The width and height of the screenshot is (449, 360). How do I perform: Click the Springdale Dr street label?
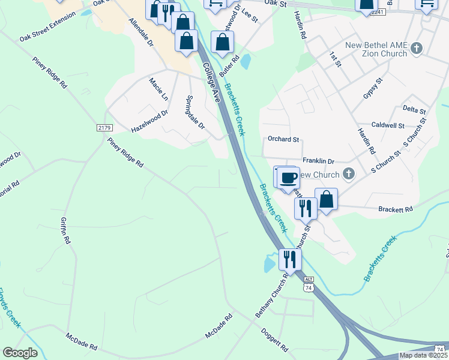[196, 112]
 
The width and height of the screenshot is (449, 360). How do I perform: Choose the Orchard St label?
[283, 139]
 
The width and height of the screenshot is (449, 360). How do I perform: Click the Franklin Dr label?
[318, 161]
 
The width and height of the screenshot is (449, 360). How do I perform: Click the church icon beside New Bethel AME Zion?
[419, 49]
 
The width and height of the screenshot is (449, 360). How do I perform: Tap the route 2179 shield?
[104, 128]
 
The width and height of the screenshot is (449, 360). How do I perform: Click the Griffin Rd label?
[65, 230]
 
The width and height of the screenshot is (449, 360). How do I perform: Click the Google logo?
[20, 353]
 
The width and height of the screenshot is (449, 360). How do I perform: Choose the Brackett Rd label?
[396, 209]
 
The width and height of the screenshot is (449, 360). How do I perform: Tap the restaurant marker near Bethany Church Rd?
[290, 259]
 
